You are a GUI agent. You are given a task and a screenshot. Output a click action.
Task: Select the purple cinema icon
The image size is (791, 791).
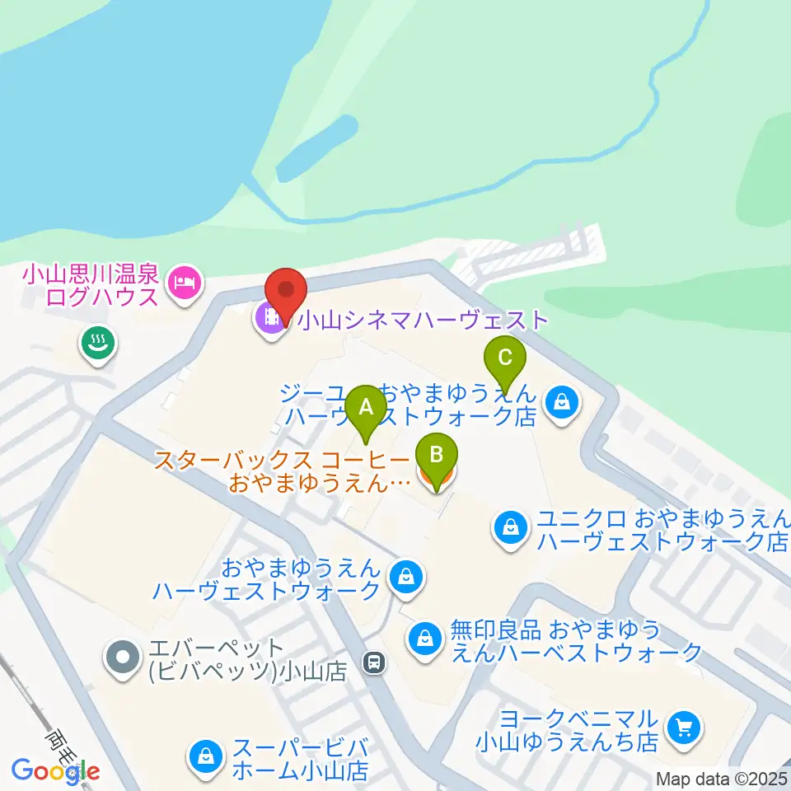pyautogui.click(x=269, y=318)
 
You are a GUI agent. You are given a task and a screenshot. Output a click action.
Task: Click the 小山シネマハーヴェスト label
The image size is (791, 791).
pyautogui.click(x=422, y=320)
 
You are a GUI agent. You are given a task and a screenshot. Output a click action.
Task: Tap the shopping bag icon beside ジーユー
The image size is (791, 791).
pyautogui.click(x=561, y=403)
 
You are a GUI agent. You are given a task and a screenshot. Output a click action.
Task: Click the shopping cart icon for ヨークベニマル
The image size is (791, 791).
pyautogui.click(x=683, y=728)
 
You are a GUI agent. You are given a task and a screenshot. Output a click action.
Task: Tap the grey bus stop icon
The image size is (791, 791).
pyautogui.click(x=375, y=662)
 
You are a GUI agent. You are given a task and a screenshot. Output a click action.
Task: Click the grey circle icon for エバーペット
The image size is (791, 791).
pyautogui.click(x=124, y=658)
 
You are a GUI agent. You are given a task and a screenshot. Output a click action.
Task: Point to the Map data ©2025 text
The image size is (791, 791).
pyautogui.click(x=722, y=778)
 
